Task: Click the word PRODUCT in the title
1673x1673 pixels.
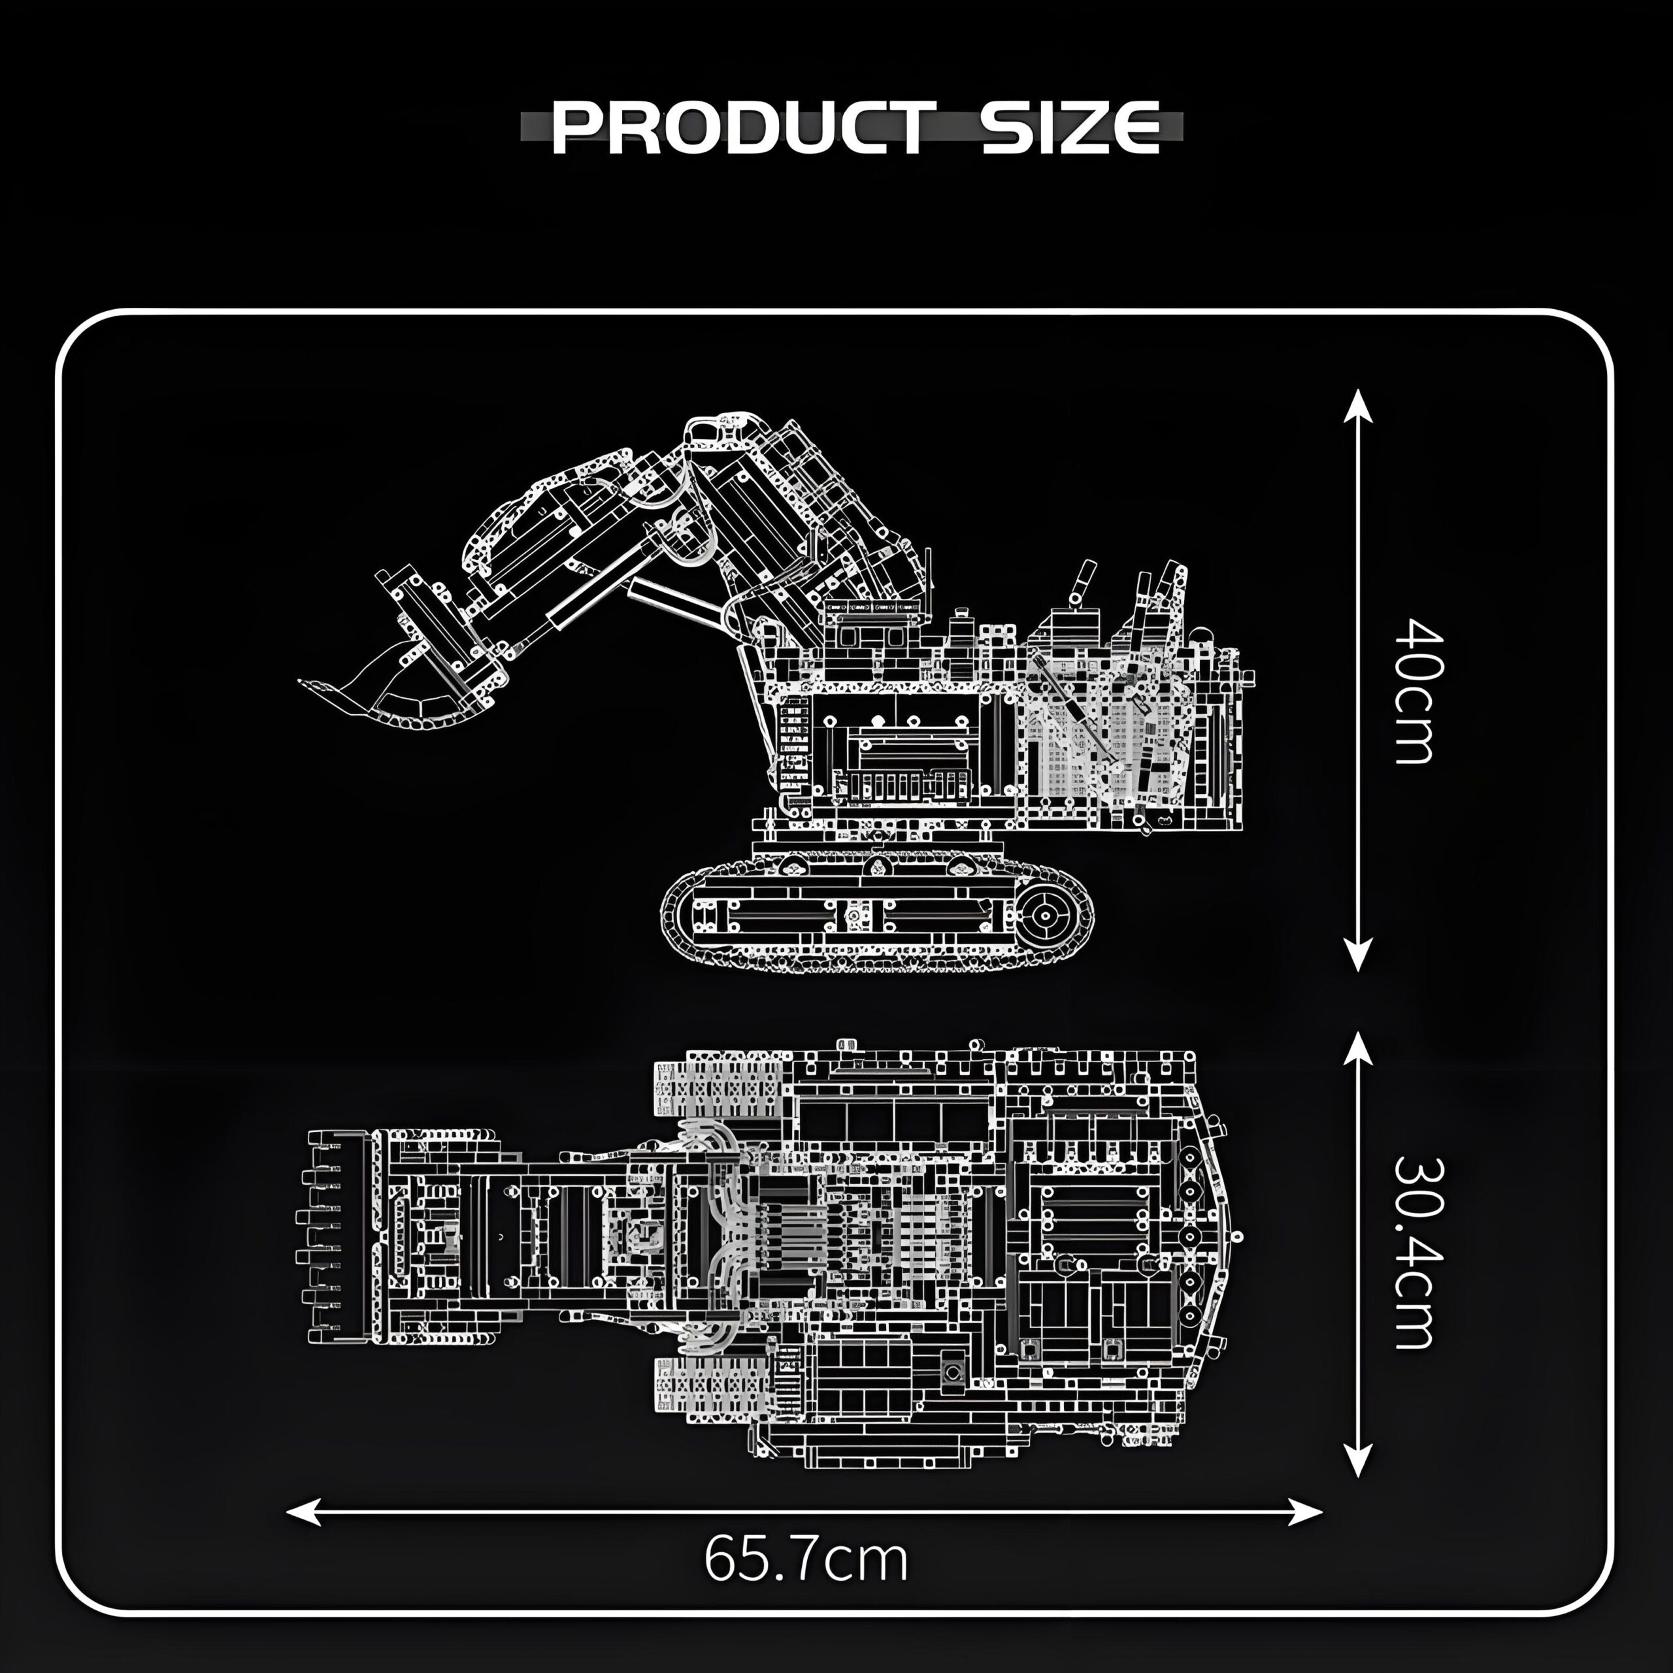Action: tap(743, 128)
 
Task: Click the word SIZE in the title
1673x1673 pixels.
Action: tap(1071, 128)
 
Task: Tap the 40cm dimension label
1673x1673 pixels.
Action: tap(1418, 690)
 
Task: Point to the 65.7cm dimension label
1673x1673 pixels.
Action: tap(805, 1559)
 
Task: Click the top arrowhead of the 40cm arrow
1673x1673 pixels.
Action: tap(1358, 405)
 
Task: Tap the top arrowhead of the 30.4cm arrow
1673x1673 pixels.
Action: tap(1358, 1048)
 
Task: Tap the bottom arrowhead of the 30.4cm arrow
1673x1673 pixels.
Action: tap(1358, 1460)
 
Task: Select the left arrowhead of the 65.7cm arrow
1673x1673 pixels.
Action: tap(303, 1512)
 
